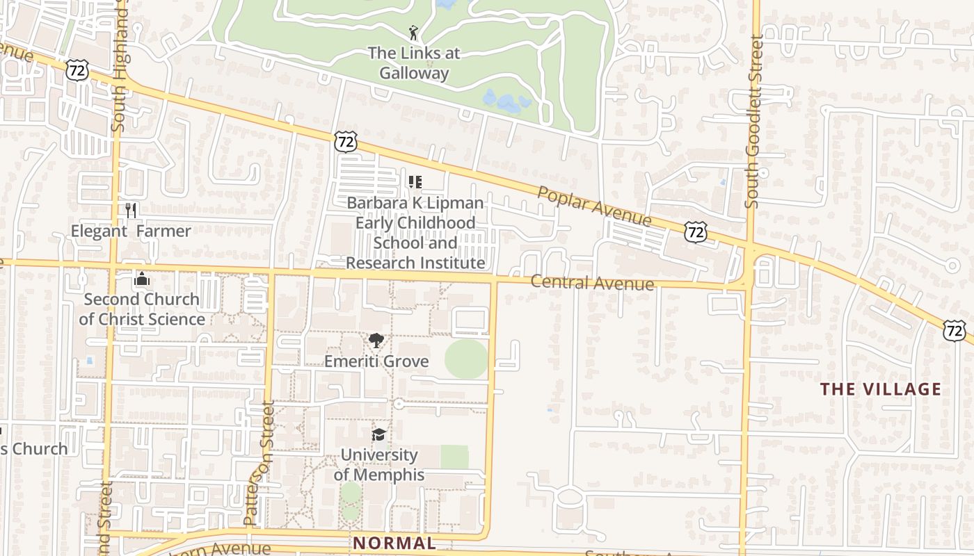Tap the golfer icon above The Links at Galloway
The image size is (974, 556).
(413, 33)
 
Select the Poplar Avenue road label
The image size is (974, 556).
(594, 206)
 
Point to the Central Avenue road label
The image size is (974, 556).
(592, 283)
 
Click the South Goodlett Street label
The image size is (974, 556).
(753, 122)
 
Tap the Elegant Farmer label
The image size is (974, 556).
(131, 231)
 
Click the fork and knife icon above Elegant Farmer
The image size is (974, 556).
(131, 210)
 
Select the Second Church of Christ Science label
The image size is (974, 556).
(142, 309)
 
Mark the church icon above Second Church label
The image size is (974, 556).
(142, 279)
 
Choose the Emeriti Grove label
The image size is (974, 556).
(376, 361)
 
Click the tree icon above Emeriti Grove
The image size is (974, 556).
(376, 341)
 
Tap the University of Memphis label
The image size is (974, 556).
(379, 465)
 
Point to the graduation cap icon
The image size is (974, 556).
(378, 435)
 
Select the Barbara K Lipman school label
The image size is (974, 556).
(415, 233)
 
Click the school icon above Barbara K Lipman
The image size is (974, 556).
(415, 182)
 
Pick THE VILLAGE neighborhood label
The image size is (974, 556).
(881, 389)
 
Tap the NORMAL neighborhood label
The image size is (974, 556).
(394, 543)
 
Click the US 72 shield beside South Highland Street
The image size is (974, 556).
(77, 69)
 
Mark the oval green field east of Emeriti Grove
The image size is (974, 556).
(466, 359)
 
